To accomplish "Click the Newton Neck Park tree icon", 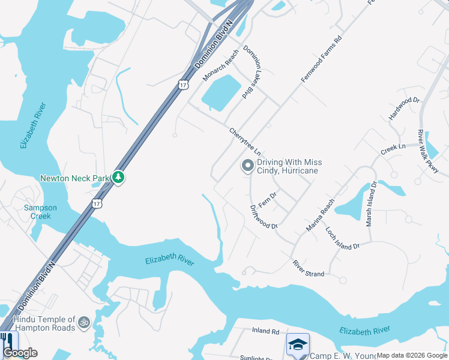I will (119, 178).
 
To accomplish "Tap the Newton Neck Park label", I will (76, 178).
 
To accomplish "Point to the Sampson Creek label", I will (41, 212).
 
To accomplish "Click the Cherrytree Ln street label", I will (245, 140).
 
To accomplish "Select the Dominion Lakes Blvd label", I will (252, 73).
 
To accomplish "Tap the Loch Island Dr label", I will (342, 239).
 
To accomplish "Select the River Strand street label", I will (309, 269).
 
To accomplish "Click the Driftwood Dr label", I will (263, 217).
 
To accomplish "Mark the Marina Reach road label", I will (319, 215).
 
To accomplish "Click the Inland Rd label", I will (266, 331).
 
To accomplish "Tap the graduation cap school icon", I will (298, 344).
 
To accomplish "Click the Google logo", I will (20, 353).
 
